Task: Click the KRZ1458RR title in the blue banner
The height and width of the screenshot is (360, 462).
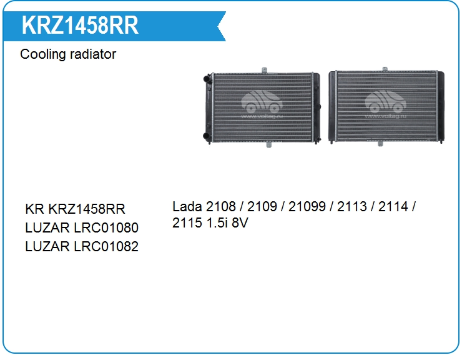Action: click(x=80, y=26)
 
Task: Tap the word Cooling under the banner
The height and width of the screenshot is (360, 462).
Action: click(x=42, y=54)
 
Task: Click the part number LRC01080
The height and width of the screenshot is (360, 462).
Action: click(x=106, y=227)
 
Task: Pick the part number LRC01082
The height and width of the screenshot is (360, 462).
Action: click(x=106, y=247)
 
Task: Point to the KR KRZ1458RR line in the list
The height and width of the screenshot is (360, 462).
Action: click(x=75, y=209)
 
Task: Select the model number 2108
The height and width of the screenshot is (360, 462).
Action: click(x=221, y=206)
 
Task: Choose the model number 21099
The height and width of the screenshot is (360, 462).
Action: click(x=307, y=206)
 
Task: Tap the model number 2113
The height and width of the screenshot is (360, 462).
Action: click(x=351, y=206)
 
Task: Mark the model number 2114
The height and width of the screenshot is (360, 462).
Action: click(x=393, y=206)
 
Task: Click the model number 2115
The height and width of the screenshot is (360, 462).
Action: click(x=187, y=222)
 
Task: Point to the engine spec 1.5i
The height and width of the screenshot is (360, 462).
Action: click(x=217, y=222)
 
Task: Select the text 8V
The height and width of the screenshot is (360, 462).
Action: click(x=240, y=222)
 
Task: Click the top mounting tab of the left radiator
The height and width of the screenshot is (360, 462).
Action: click(x=264, y=70)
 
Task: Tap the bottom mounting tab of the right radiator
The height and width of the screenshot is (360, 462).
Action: click(x=380, y=144)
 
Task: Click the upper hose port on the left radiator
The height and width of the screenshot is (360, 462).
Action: click(x=207, y=79)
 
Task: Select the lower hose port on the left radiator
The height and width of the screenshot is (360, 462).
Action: click(x=207, y=136)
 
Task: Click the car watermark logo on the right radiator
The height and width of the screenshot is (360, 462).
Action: click(x=385, y=102)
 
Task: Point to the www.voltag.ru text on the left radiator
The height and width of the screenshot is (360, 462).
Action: click(x=262, y=116)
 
